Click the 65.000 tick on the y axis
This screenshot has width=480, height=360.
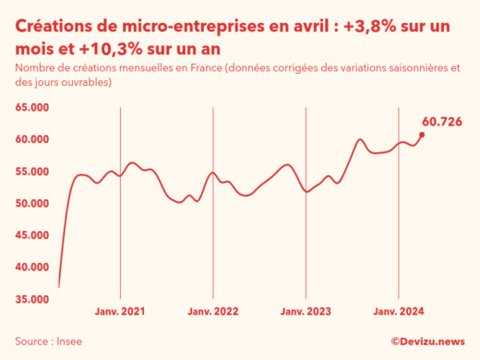[x=34, y=107]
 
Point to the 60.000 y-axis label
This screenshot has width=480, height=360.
[x=34, y=139]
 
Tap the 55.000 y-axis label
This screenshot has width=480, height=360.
[x=34, y=172]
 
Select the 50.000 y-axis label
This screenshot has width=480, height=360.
[x=34, y=203]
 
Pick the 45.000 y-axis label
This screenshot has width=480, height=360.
[x=34, y=235]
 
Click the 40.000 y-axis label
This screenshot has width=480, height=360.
[x=34, y=267]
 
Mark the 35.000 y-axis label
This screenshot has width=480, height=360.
[x=34, y=299]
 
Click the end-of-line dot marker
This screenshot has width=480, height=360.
[x=422, y=135]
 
